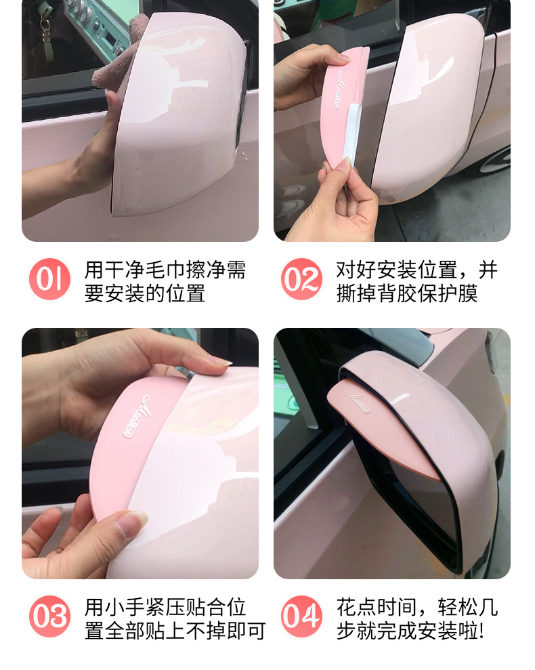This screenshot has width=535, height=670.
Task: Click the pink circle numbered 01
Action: click(49, 279)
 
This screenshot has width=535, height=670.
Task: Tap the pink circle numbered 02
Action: click(301, 279)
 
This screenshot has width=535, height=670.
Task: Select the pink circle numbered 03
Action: click(49, 616)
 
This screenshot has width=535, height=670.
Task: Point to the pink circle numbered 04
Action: click(301, 616)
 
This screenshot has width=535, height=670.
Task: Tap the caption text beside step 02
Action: click(416, 281)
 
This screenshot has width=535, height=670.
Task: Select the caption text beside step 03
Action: click(175, 619)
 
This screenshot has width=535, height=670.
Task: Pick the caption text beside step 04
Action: click(416, 619)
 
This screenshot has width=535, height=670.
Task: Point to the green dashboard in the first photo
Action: click(95, 27)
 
